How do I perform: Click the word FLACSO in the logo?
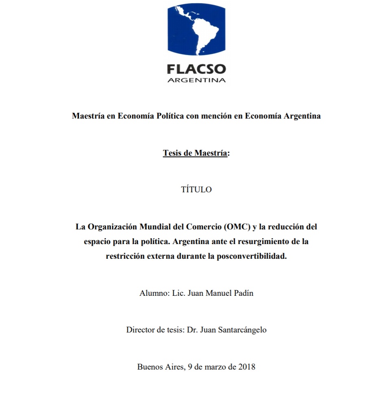pos(196,68)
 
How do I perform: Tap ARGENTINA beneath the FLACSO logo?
pos(196,80)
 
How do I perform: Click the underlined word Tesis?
pos(173,153)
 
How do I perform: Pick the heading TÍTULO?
pos(196,190)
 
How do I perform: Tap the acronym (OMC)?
pos(235,227)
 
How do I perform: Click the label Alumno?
pos(152,293)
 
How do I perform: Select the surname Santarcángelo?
pos(241,330)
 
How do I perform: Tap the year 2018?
pos(246,367)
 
